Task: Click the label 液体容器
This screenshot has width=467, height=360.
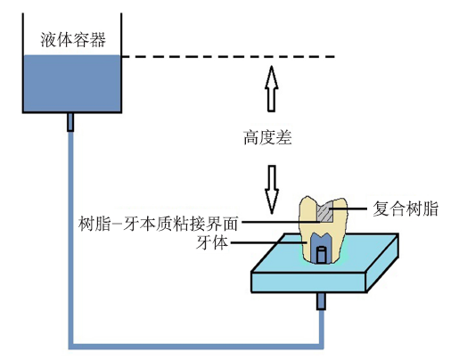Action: pyautogui.click(x=73, y=39)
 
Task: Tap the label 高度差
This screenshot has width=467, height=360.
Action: pyautogui.click(x=267, y=137)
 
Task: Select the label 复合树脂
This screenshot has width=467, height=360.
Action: pyautogui.click(x=406, y=209)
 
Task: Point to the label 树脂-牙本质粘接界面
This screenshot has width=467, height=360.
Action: pyautogui.click(x=158, y=224)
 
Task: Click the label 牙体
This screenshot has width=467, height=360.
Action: pyautogui.click(x=212, y=242)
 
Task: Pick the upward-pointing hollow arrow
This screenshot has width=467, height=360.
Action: pyautogui.click(x=271, y=89)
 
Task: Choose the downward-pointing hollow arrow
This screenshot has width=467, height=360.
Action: pyautogui.click(x=272, y=190)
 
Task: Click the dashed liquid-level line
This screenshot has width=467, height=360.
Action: pyautogui.click(x=228, y=56)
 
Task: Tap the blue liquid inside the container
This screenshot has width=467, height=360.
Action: pyautogui.click(x=72, y=84)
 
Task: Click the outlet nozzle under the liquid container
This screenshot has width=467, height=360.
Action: pyautogui.click(x=70, y=122)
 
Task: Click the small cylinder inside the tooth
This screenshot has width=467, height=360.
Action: pyautogui.click(x=321, y=255)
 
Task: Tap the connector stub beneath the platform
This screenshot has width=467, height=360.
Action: pyautogui.click(x=321, y=301)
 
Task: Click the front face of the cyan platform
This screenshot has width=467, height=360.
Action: pyautogui.click(x=308, y=282)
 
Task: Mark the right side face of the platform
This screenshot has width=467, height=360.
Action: pyautogui.click(x=382, y=263)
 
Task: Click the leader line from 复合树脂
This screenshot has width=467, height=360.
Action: pyautogui.click(x=348, y=209)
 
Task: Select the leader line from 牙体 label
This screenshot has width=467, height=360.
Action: pyautogui.click(x=268, y=242)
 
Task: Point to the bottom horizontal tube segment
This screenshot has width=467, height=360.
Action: pyautogui.click(x=196, y=347)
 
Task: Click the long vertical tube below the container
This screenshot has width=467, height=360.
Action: pyautogui.click(x=70, y=238)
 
